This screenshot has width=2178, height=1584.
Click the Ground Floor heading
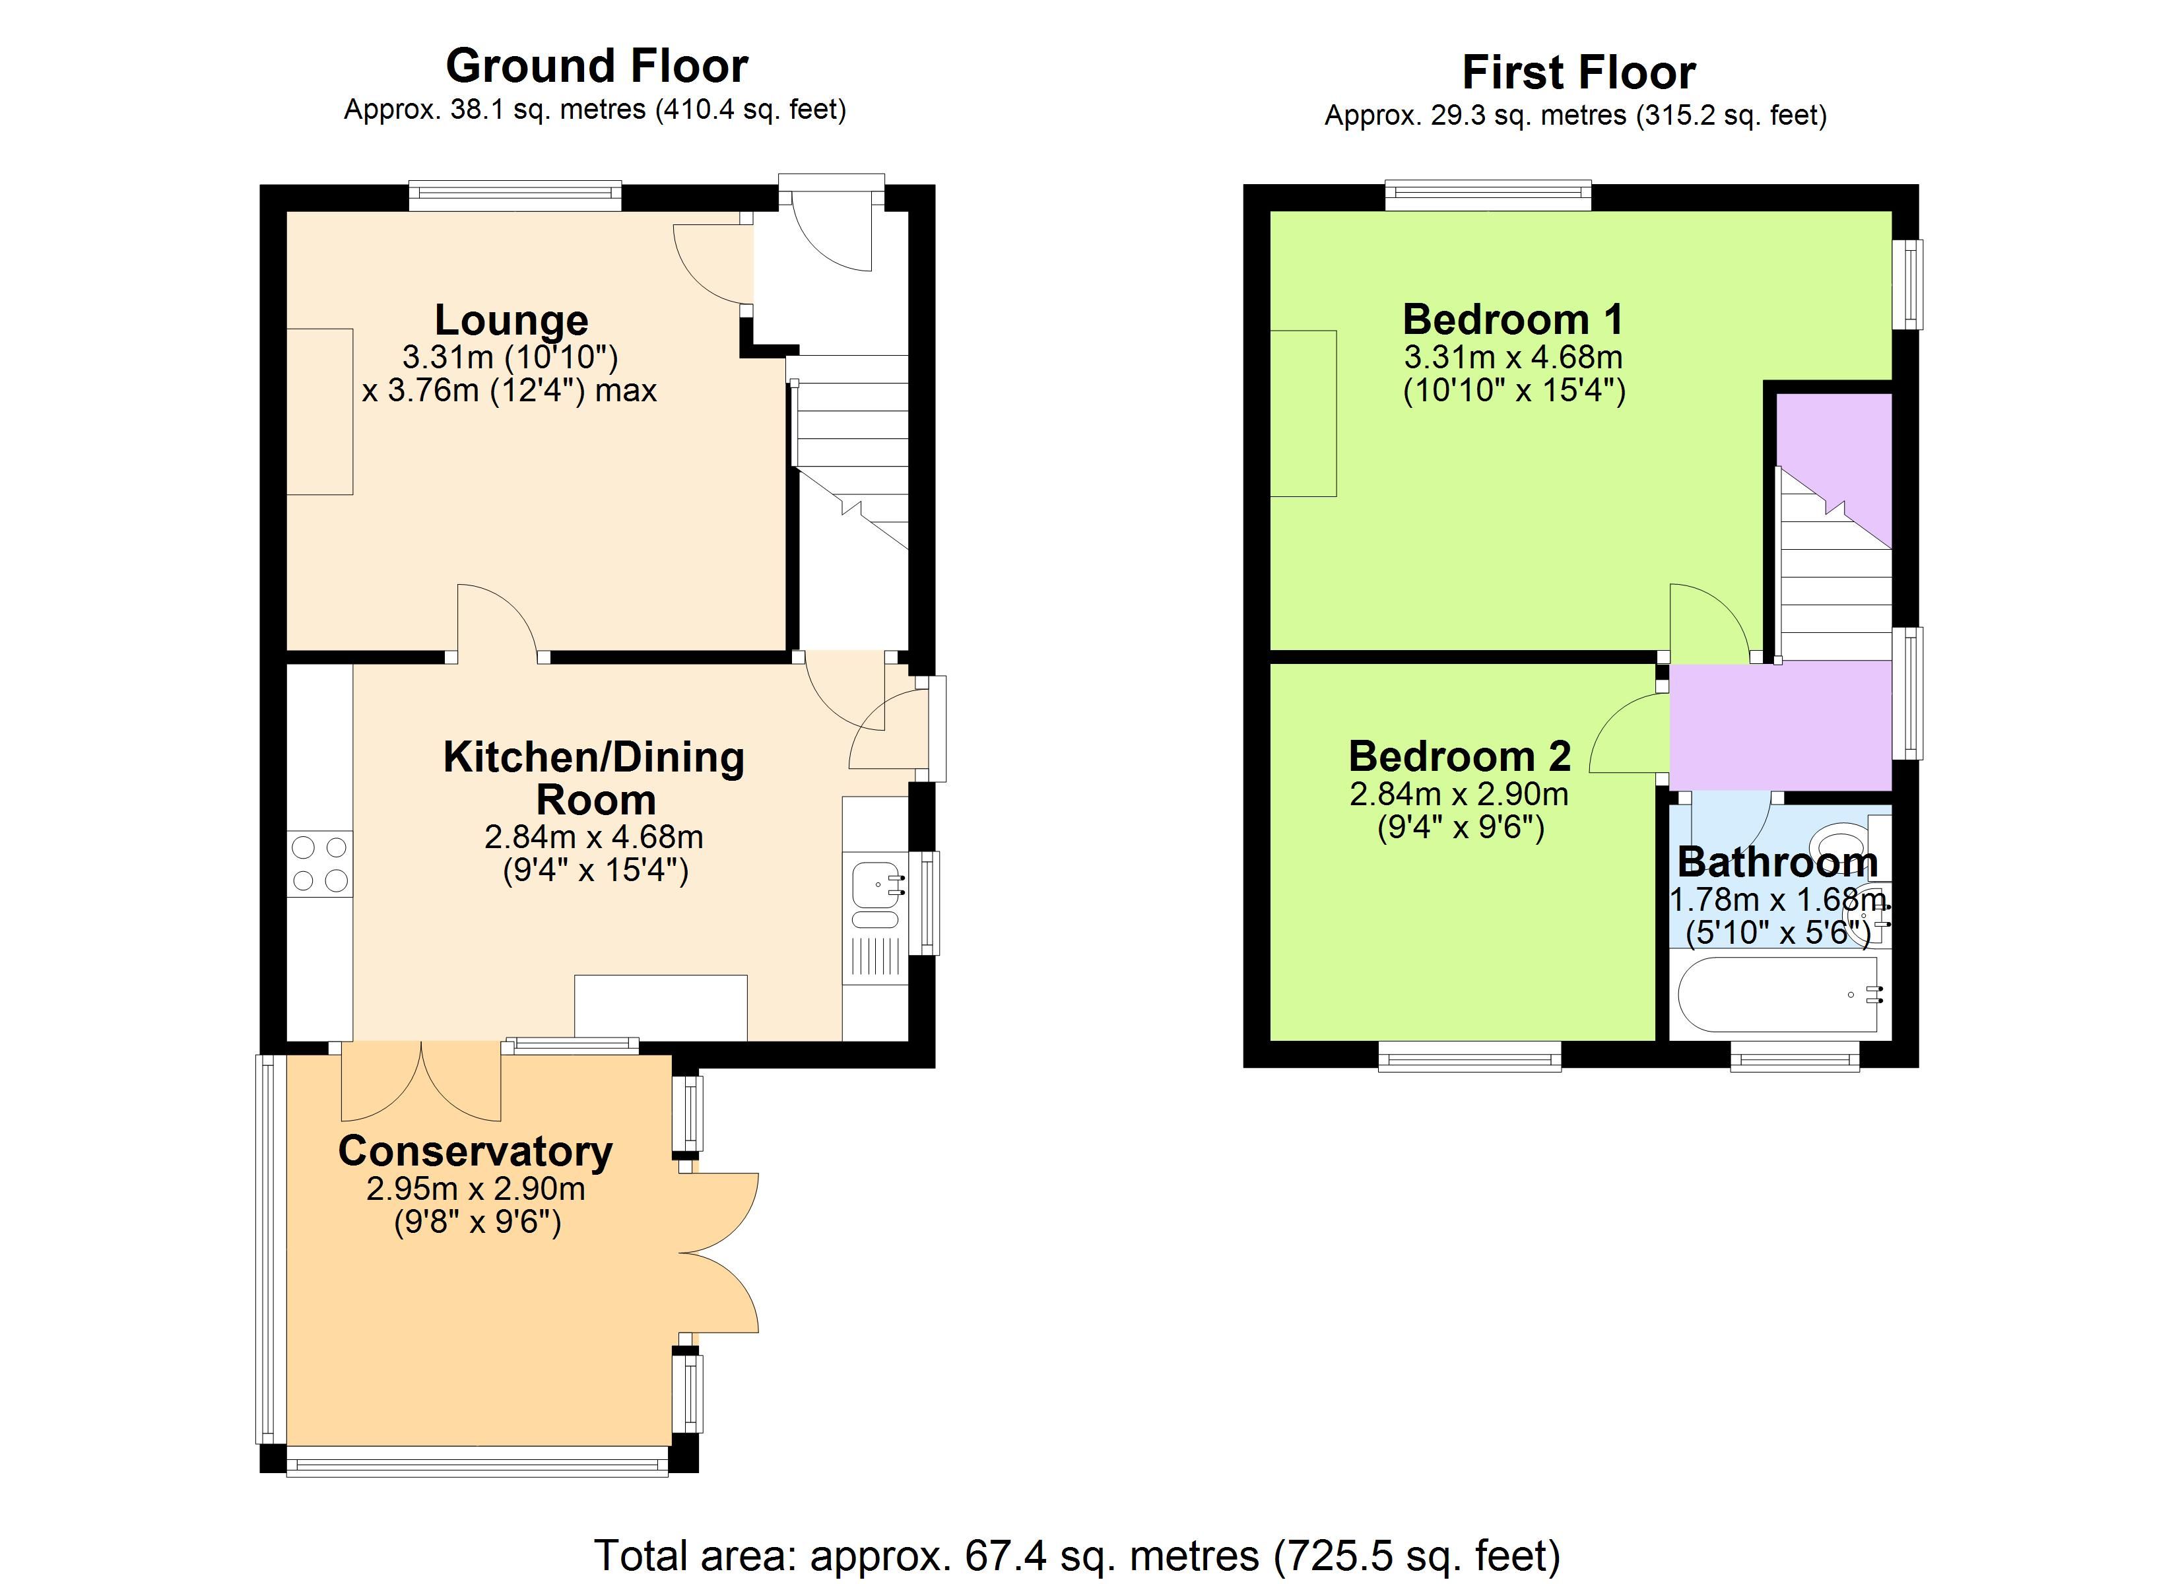pyautogui.click(x=597, y=66)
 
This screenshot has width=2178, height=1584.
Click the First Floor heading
pyautogui.click(x=1578, y=72)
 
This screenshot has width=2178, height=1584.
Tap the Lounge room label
pyautogui.click(x=511, y=320)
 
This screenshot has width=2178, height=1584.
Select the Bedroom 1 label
pyautogui.click(x=1513, y=319)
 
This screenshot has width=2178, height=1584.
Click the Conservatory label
pyautogui.click(x=475, y=1151)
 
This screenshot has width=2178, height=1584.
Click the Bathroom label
pyautogui.click(x=1777, y=862)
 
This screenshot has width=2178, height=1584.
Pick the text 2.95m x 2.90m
pyautogui.click(x=475, y=1189)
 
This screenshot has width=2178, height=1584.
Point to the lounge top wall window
pyautogui.click(x=515, y=197)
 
